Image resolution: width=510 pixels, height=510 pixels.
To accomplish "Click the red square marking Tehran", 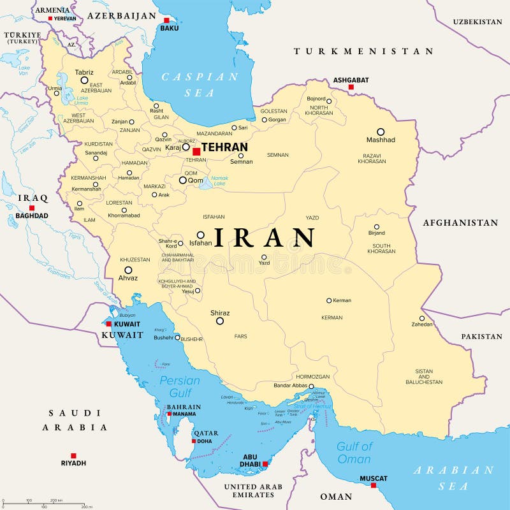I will [196, 152].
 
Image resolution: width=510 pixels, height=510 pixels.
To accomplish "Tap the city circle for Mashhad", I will [381, 132].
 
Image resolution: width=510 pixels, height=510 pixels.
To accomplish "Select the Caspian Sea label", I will [200, 84].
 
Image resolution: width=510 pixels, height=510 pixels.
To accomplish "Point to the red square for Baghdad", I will [31, 208].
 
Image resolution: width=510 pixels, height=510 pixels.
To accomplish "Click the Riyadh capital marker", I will [73, 455].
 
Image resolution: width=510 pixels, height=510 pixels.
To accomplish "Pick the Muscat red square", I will [374, 485].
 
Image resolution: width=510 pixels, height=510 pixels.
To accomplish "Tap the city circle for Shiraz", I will [220, 321].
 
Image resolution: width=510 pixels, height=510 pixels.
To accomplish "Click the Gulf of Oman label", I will [354, 453].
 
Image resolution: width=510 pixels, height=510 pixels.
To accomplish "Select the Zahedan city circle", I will [422, 318].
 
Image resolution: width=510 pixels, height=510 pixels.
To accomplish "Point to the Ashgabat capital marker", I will [351, 87].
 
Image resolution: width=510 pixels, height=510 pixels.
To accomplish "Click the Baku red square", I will [166, 20].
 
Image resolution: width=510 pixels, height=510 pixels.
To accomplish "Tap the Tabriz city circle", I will [84, 80].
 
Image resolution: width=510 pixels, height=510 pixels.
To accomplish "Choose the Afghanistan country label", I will [460, 222].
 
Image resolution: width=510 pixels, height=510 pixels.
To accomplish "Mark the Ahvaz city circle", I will [128, 270].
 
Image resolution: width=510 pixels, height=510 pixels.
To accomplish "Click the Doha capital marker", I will [194, 441].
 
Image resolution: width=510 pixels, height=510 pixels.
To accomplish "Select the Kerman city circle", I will [329, 300].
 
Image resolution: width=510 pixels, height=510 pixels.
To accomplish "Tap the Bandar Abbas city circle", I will [311, 386].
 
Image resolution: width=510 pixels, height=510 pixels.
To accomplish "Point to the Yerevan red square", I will [50, 18].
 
